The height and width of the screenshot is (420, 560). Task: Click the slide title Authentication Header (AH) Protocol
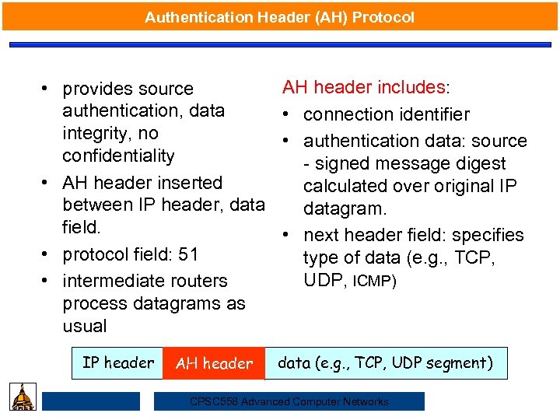[279, 16]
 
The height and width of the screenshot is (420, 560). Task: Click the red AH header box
[214, 363]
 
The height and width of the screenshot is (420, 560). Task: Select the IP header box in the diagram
[117, 362]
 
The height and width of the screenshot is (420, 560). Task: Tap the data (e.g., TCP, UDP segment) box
[385, 362]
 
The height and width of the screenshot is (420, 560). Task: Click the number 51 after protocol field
[188, 254]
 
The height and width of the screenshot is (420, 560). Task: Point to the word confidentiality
[118, 156]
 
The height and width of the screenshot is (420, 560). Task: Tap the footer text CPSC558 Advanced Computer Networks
[289, 401]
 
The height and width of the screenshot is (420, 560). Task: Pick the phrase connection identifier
[386, 114]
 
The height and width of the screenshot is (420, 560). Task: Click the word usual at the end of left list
[85, 326]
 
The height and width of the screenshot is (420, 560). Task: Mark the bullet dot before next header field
[287, 235]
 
